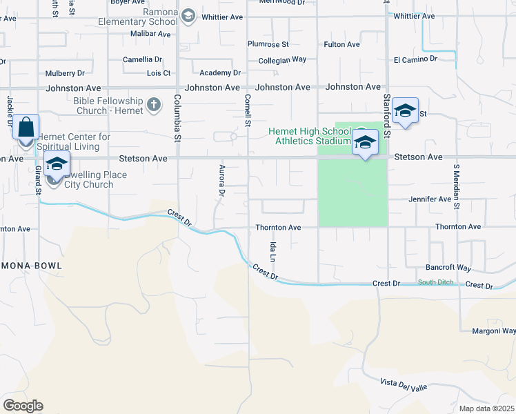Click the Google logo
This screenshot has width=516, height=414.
23,406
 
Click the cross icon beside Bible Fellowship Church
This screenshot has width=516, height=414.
153,106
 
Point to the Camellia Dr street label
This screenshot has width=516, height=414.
142,60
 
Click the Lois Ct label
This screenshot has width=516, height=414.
159,72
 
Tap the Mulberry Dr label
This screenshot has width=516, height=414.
65,72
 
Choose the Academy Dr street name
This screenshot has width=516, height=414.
219,72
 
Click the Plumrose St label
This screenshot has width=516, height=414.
268,45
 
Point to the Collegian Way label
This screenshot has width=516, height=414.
282,60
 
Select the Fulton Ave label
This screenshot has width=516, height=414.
341,45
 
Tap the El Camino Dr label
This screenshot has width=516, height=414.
415,60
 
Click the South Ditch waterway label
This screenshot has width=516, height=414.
436,282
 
